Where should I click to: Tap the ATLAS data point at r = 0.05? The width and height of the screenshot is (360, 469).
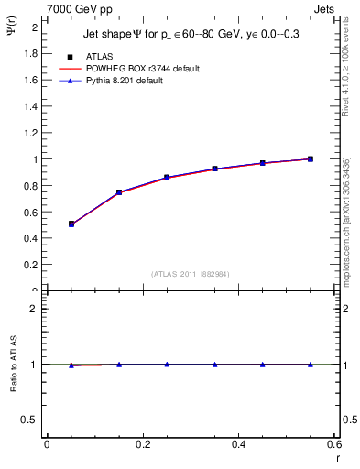click(x=71, y=224)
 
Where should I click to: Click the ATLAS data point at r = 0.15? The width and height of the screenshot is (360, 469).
click(x=119, y=192)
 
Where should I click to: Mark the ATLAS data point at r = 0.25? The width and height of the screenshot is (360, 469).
click(x=167, y=177)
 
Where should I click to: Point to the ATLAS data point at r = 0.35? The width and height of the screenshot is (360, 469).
click(x=214, y=169)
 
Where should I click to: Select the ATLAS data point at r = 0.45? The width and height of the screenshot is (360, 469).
click(x=262, y=163)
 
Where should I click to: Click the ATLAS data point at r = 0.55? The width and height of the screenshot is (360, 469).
click(x=311, y=158)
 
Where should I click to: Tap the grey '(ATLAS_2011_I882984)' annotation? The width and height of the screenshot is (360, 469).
click(x=190, y=273)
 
